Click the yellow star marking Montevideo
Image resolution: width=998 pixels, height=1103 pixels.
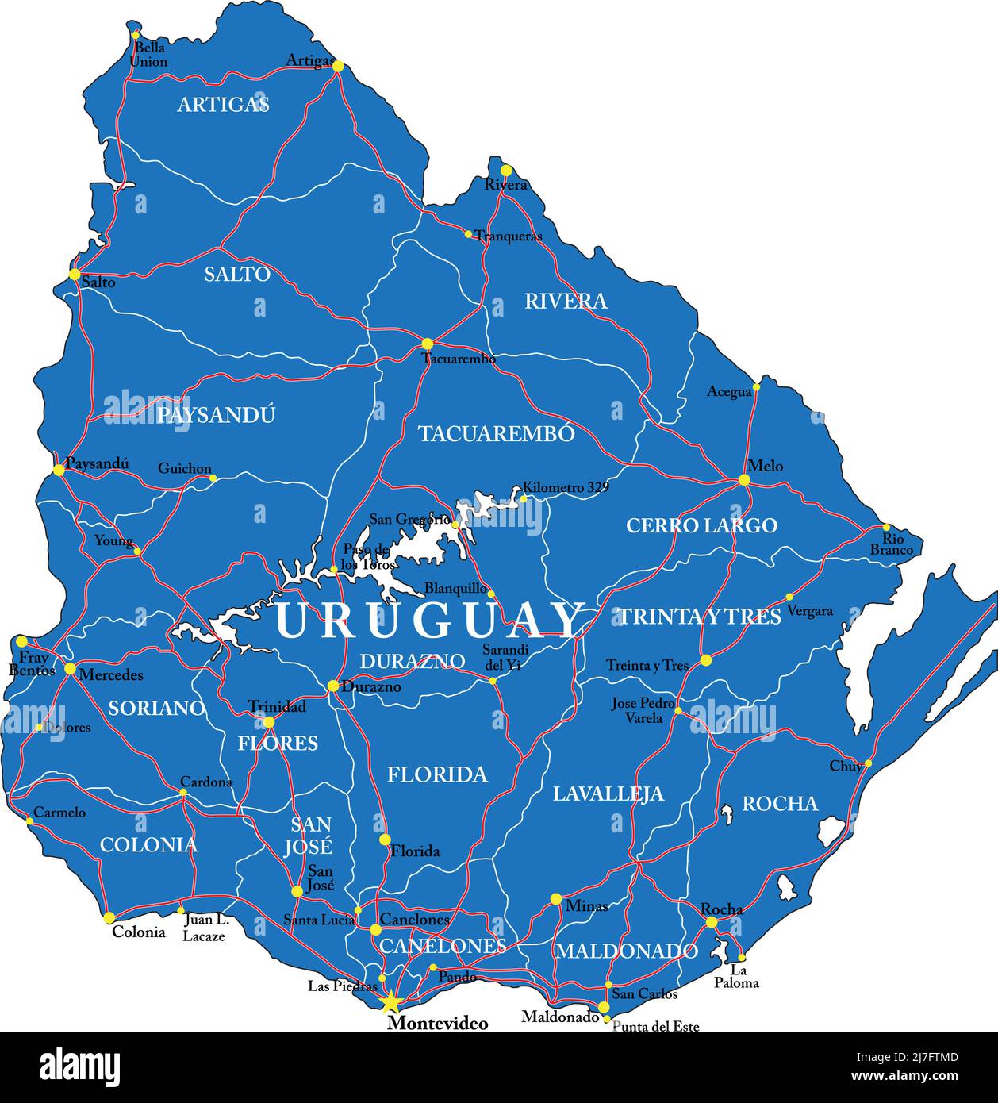390,1004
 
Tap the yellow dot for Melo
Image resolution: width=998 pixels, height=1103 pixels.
743,480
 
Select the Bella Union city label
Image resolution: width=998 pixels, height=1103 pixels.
148,55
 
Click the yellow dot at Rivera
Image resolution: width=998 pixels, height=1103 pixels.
505,170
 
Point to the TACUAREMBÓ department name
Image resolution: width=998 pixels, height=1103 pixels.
496,433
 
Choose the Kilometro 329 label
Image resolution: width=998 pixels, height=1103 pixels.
565,487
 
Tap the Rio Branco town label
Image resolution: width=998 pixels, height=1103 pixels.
892,544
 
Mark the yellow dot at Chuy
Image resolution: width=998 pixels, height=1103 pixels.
868,763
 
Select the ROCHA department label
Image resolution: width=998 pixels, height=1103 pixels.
779,804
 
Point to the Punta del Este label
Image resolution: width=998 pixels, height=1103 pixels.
656,1027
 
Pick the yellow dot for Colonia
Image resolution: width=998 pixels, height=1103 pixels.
109,917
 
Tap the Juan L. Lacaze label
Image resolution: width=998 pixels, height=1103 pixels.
205,928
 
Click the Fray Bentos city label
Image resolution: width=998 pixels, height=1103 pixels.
33,664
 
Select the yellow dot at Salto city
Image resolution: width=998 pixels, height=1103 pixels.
75,275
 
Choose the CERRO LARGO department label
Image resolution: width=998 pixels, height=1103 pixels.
701,525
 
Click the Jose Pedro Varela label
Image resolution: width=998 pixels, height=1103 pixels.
643,710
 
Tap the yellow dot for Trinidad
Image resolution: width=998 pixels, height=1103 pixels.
269,722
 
